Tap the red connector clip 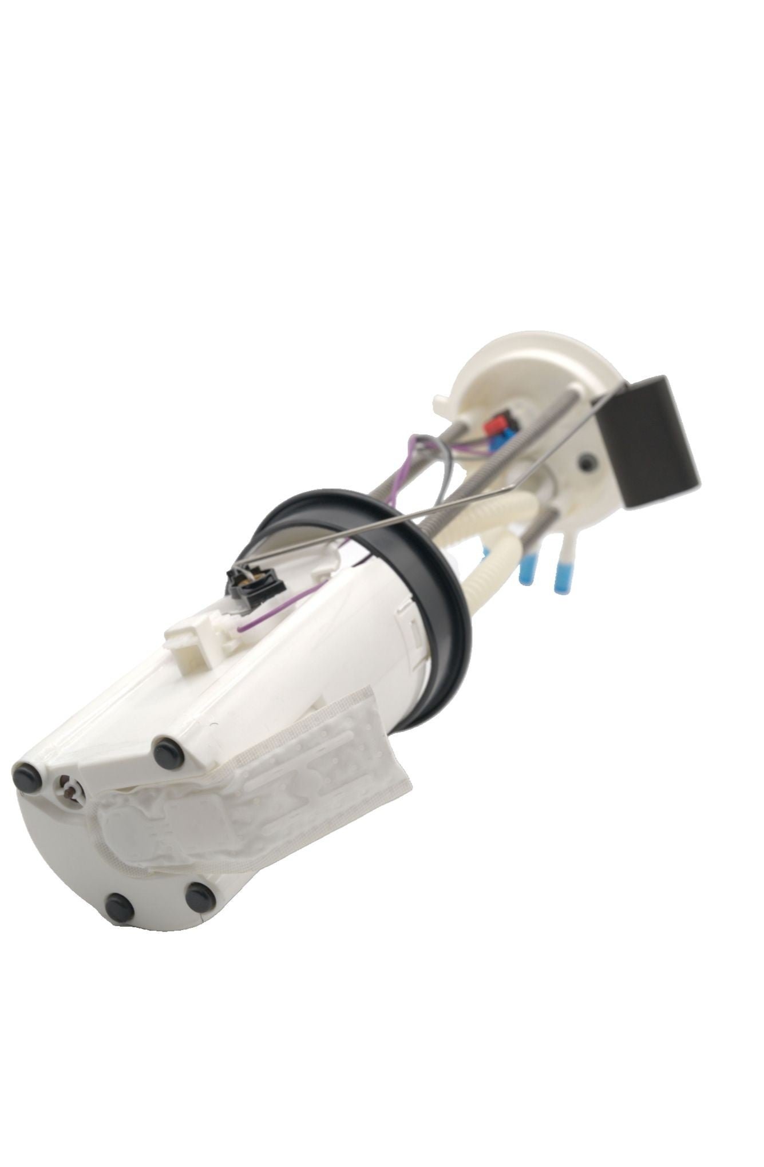(494, 425)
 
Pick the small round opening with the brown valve (70, 793)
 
